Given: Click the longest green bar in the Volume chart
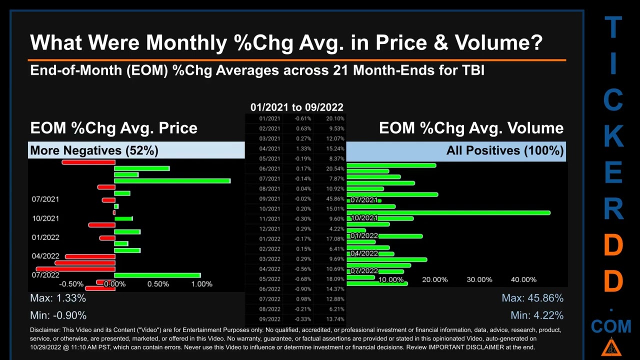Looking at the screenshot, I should click(448, 213).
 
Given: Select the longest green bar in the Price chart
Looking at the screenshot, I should click(172, 180).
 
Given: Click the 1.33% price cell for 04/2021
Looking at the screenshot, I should click(303, 148).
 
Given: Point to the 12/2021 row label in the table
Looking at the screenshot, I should click(269, 229).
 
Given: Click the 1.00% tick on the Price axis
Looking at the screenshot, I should click(201, 284).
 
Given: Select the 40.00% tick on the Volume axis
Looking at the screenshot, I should click(523, 279).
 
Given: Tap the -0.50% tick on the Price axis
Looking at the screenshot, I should click(71, 284).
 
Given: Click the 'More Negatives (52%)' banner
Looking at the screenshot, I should click(94, 150).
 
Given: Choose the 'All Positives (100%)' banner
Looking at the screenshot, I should click(505, 150).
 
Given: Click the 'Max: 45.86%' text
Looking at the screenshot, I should click(532, 298).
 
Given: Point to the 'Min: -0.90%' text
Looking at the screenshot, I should click(58, 315).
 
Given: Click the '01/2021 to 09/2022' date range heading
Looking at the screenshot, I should click(296, 107).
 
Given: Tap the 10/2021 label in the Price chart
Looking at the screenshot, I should click(45, 218).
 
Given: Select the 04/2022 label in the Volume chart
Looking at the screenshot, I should click(364, 253).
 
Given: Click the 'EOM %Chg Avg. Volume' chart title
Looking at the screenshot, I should click(471, 128).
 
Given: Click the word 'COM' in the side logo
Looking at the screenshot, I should click(611, 326).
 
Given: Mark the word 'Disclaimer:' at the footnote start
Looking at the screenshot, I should click(47, 330).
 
